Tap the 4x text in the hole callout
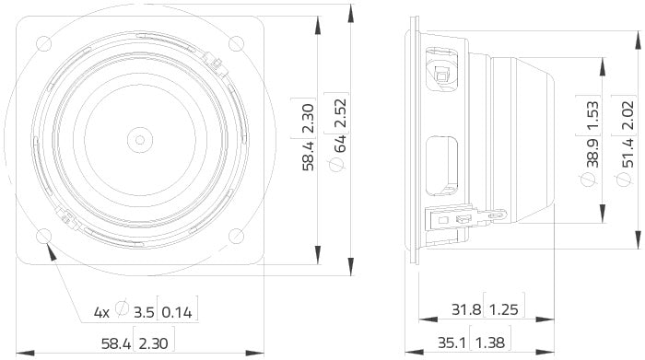(x=101, y=313)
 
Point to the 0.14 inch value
(x=179, y=313)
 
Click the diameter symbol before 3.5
(x=123, y=313)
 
